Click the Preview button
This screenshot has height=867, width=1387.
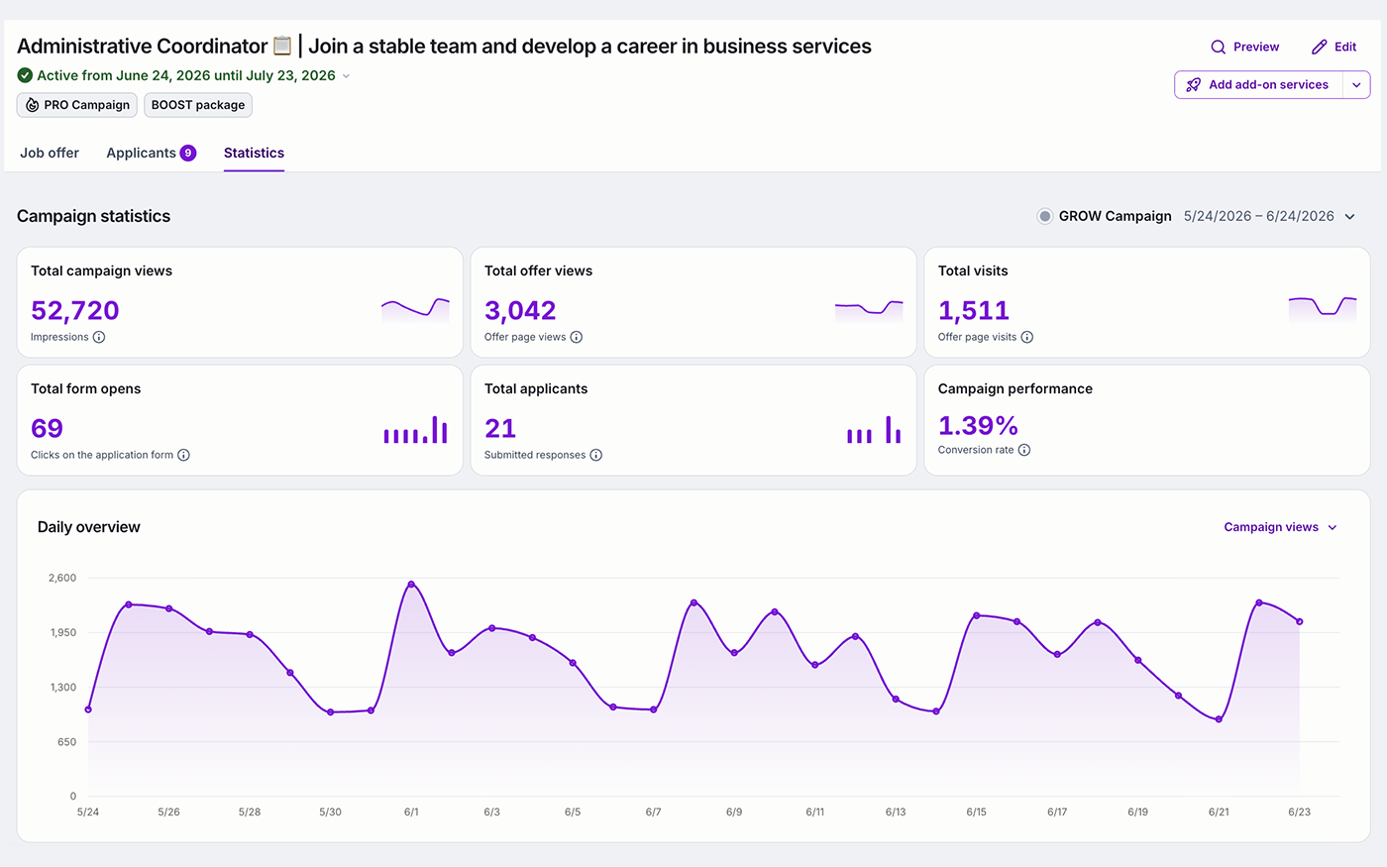[x=1244, y=47]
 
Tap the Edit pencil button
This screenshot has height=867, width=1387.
[x=1334, y=47]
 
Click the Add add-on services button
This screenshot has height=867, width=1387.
[x=1258, y=85]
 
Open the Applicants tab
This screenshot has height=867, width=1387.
[x=151, y=153]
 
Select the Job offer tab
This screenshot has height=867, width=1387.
[x=50, y=153]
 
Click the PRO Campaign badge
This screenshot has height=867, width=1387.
[x=77, y=105]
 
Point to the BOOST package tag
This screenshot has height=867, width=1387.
[x=198, y=105]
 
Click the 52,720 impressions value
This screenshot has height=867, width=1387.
[x=75, y=310]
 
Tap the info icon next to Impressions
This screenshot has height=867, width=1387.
[x=99, y=337]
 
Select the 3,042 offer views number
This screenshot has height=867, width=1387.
[x=520, y=310]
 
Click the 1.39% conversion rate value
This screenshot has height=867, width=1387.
[x=978, y=425]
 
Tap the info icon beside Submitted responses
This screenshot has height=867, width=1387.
[x=595, y=455]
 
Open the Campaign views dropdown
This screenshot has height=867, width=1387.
[x=1280, y=527]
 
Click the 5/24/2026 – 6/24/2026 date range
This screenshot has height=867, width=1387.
[x=1259, y=216]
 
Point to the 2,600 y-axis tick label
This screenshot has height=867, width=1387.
[x=62, y=578]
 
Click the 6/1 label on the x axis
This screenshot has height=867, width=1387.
[x=411, y=812]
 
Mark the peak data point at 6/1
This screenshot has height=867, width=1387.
[x=411, y=584]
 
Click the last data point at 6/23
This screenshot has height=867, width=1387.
[x=1300, y=622]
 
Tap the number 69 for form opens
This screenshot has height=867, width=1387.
[x=48, y=428]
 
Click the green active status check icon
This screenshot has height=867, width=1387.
[x=25, y=75]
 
